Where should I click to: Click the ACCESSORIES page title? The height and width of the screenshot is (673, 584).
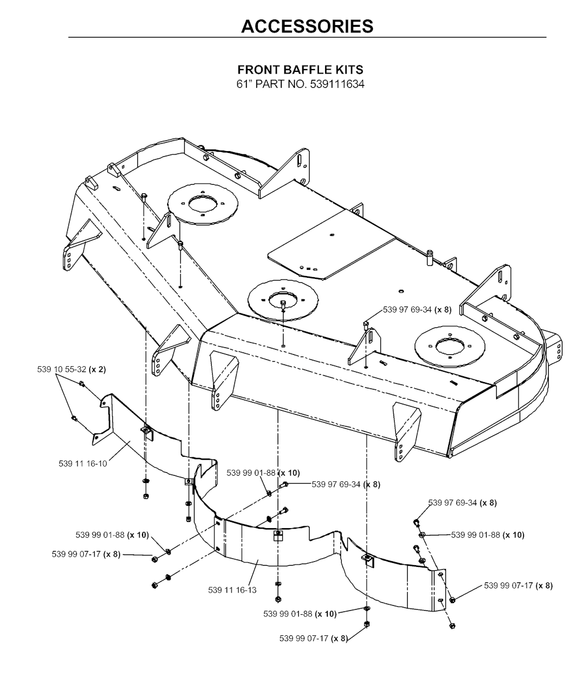click(307, 26)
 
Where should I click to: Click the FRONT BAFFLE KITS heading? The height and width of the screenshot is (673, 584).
click(301, 70)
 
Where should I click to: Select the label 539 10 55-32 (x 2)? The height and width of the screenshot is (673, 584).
click(72, 369)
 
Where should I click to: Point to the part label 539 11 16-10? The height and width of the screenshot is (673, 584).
click(83, 464)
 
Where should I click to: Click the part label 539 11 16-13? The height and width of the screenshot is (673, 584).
click(232, 590)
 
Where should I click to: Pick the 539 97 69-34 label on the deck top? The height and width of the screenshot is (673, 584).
click(417, 310)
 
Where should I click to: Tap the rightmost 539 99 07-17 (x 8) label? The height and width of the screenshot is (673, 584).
click(518, 585)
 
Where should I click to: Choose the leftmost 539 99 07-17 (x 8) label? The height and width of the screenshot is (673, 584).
click(86, 554)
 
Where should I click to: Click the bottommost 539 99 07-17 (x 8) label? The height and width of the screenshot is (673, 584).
click(314, 638)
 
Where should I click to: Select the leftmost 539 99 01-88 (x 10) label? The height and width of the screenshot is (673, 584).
click(112, 535)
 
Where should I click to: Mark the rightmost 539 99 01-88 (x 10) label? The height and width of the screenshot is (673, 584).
click(488, 535)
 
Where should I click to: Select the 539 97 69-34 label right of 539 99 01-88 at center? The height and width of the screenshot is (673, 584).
click(346, 485)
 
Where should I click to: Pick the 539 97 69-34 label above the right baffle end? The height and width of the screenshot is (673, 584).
click(463, 502)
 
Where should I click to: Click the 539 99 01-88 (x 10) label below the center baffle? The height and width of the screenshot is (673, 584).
click(300, 614)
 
